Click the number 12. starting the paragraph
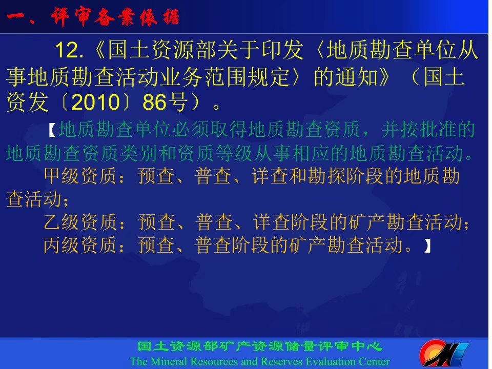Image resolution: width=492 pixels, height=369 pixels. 69,50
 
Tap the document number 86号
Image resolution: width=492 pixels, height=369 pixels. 166,102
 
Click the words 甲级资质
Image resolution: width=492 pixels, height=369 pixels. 80,176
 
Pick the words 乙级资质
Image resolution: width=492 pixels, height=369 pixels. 80,222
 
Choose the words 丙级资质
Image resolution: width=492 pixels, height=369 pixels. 80,245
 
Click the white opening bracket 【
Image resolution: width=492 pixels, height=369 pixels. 53,130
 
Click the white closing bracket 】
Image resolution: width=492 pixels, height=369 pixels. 427,245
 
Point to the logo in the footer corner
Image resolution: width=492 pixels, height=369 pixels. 444,354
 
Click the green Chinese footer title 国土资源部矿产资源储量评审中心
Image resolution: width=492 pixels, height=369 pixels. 260,346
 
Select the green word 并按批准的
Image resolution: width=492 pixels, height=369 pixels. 428,130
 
